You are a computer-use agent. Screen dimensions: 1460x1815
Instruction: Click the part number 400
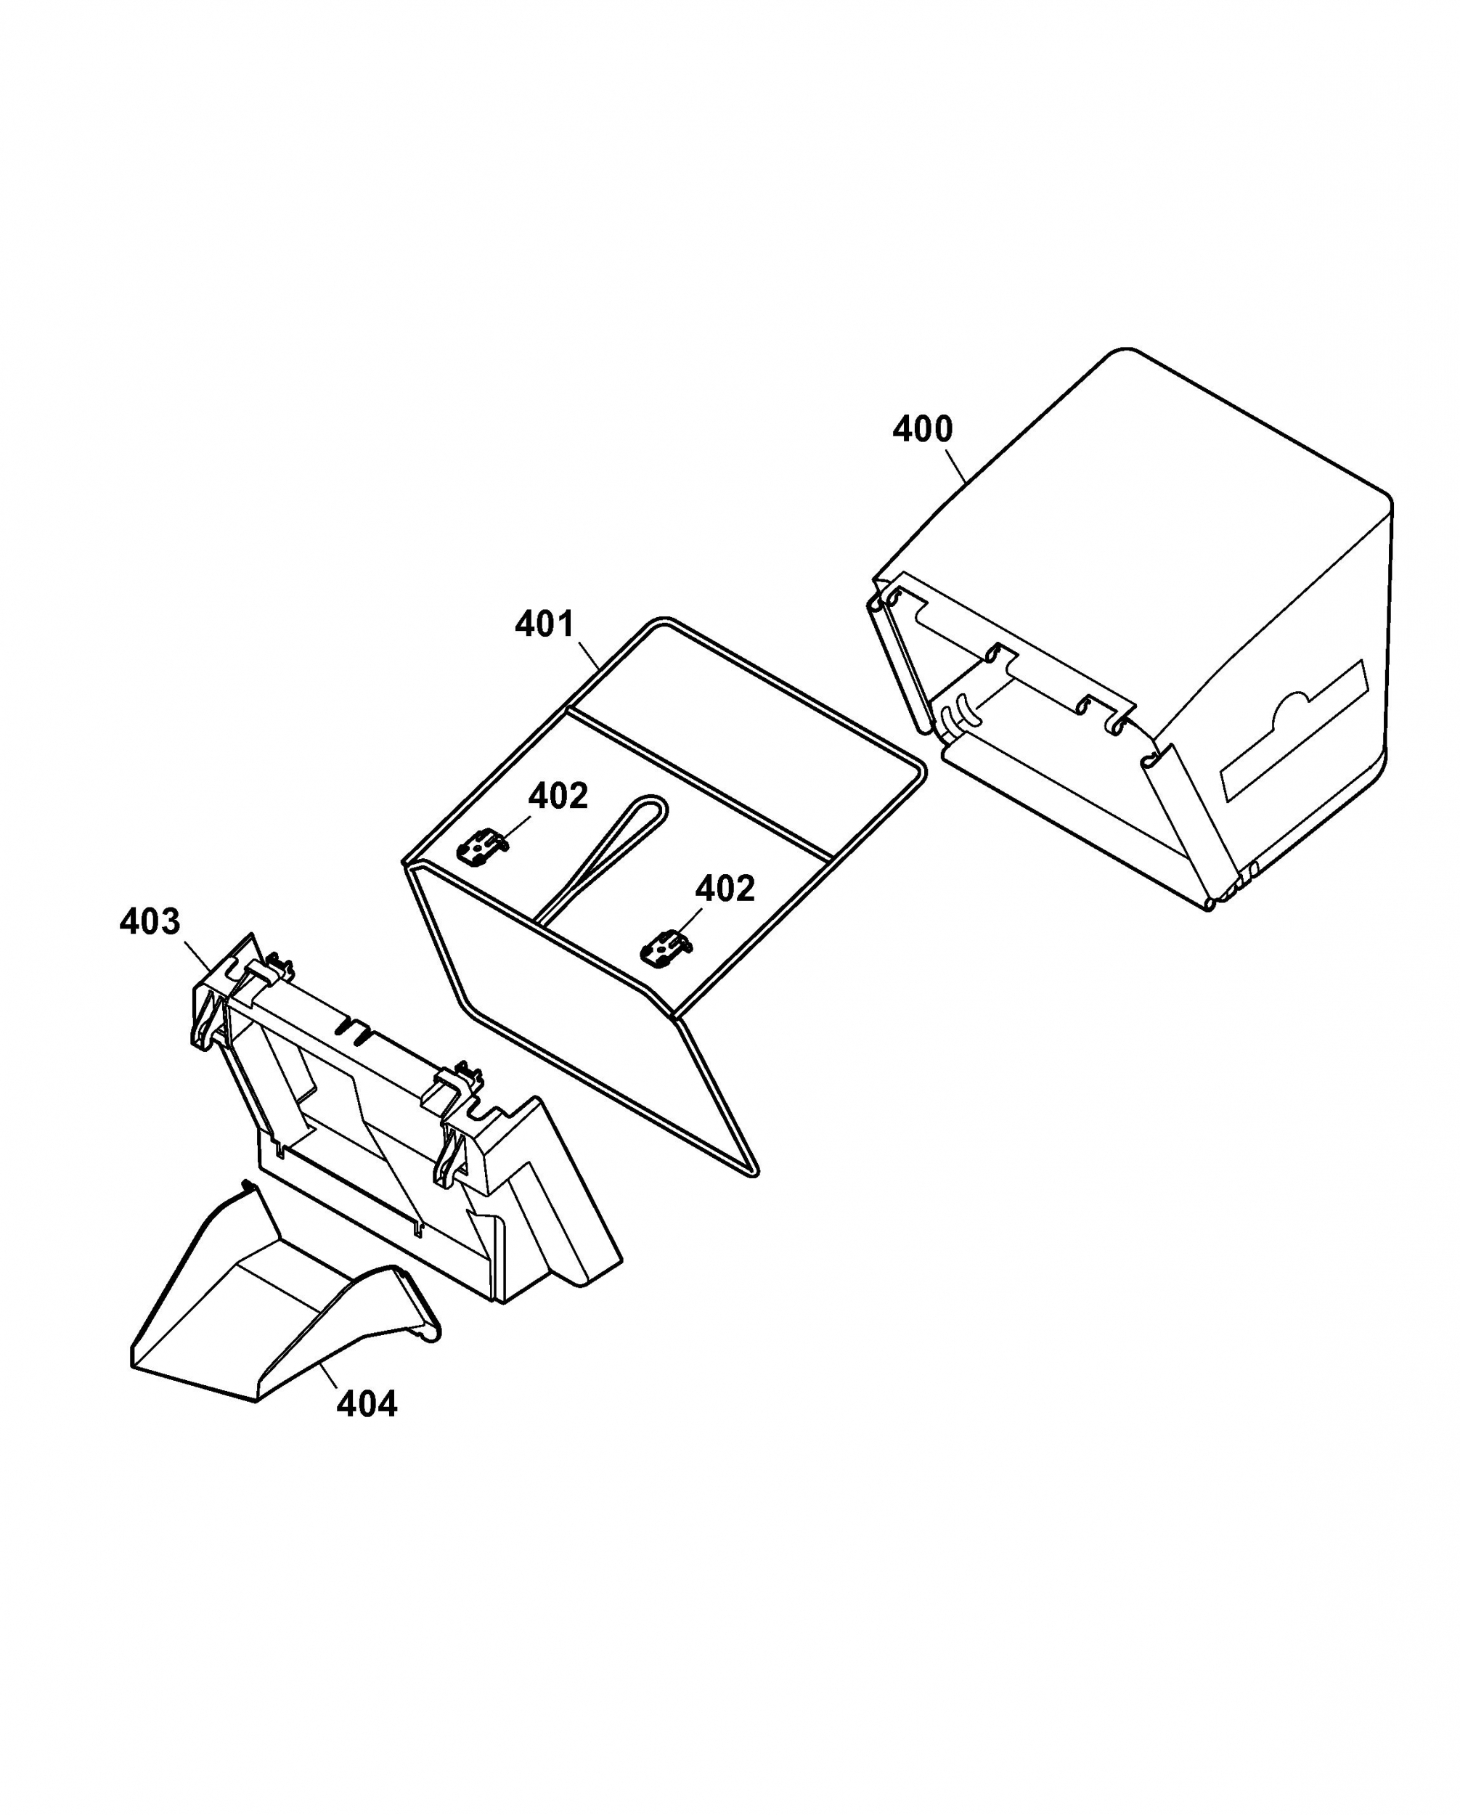pyautogui.click(x=922, y=429)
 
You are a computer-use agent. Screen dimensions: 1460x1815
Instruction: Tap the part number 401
pyautogui.click(x=545, y=624)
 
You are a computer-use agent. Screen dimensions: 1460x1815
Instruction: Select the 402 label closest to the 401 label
pyautogui.click(x=558, y=796)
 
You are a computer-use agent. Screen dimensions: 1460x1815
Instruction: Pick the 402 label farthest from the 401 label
pyautogui.click(x=725, y=888)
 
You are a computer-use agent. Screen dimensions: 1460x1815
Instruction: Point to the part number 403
pyautogui.click(x=150, y=922)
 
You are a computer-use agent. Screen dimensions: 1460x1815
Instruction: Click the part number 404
pyautogui.click(x=367, y=1403)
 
